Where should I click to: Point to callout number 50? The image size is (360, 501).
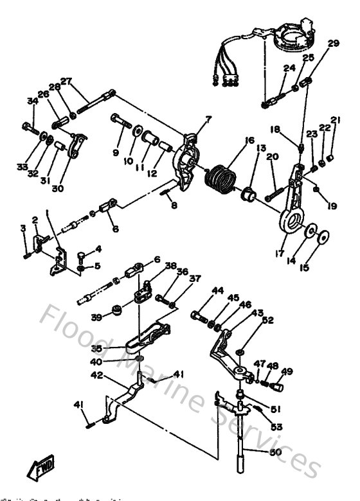pyautogui.click(x=276, y=452)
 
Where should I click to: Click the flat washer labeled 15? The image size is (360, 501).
pyautogui.click(x=325, y=236)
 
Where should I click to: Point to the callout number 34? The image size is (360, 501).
pyautogui.click(x=32, y=100)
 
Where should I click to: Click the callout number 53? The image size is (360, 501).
pyautogui.click(x=277, y=426)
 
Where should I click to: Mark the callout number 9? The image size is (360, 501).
pyautogui.click(x=116, y=152)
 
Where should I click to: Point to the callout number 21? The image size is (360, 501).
pyautogui.click(x=334, y=120)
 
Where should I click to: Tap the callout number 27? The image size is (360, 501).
pyautogui.click(x=66, y=81)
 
